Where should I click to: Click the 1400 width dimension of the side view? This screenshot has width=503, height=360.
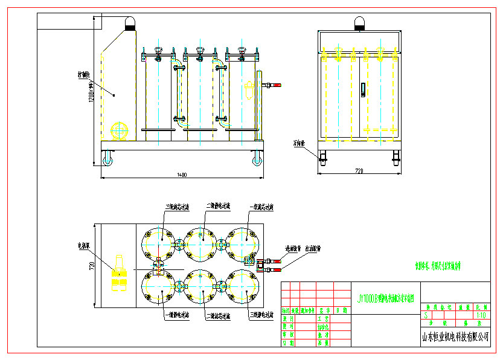click(x=182, y=175)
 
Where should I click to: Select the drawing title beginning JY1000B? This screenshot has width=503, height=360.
click(x=386, y=297)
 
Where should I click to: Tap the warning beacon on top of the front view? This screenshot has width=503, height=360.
click(x=357, y=24)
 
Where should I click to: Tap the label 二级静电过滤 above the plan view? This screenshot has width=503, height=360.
click(x=219, y=207)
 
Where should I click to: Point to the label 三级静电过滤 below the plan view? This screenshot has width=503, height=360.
click(x=261, y=315)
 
